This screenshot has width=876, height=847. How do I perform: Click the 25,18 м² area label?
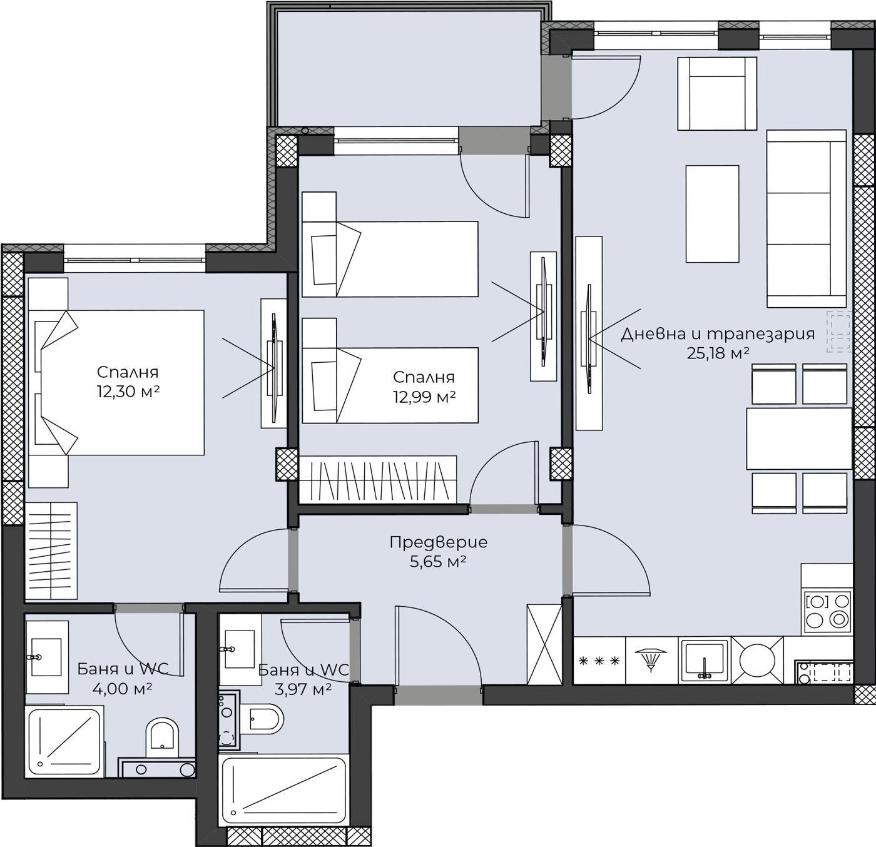[718, 353]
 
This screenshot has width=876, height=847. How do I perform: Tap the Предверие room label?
[439, 542]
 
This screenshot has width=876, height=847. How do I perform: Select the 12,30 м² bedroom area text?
[128, 392]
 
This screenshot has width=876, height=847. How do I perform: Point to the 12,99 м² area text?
[424, 397]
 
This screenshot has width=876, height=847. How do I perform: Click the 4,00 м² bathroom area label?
[123, 689]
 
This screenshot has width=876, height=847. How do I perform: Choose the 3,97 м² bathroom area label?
[303, 689]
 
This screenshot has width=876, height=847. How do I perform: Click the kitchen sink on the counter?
[705, 661]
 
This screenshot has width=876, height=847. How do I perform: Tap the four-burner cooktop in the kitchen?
[828, 612]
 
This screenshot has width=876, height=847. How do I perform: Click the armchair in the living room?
[716, 94]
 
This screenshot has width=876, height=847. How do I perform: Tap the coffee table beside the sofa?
[712, 214]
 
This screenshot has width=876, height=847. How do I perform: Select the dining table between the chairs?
[798, 439]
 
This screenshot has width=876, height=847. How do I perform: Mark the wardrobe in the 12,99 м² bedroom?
[378, 479]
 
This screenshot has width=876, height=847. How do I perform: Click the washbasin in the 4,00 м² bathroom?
[47, 657]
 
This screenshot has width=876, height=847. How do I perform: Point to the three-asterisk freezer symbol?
[599, 661]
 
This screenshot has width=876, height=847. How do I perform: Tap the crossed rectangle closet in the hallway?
[544, 644]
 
